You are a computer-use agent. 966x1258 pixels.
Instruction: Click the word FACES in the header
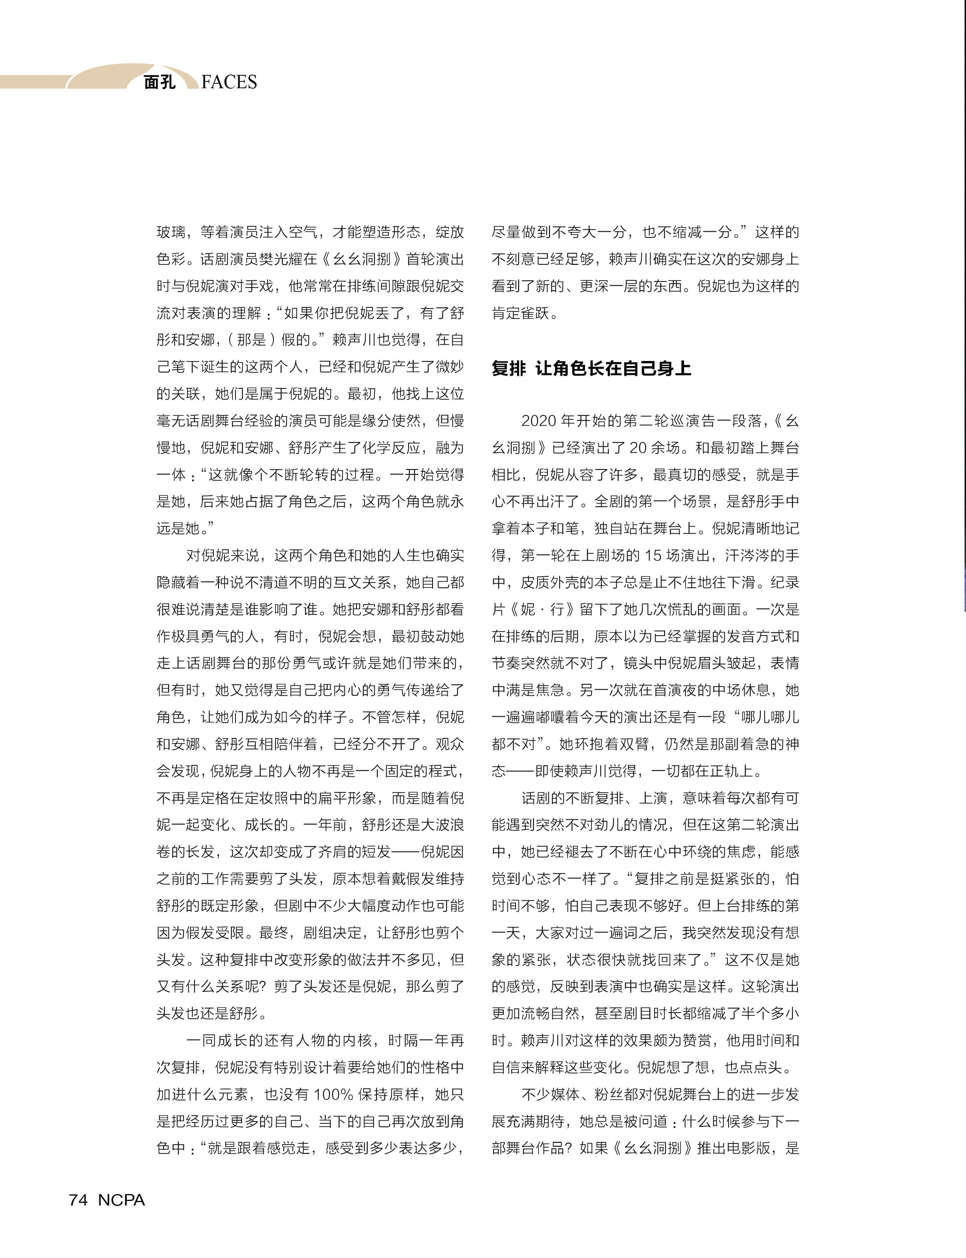point(229,82)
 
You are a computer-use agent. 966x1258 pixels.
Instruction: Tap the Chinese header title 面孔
point(159,82)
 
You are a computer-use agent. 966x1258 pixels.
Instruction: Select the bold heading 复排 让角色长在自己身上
point(591,368)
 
